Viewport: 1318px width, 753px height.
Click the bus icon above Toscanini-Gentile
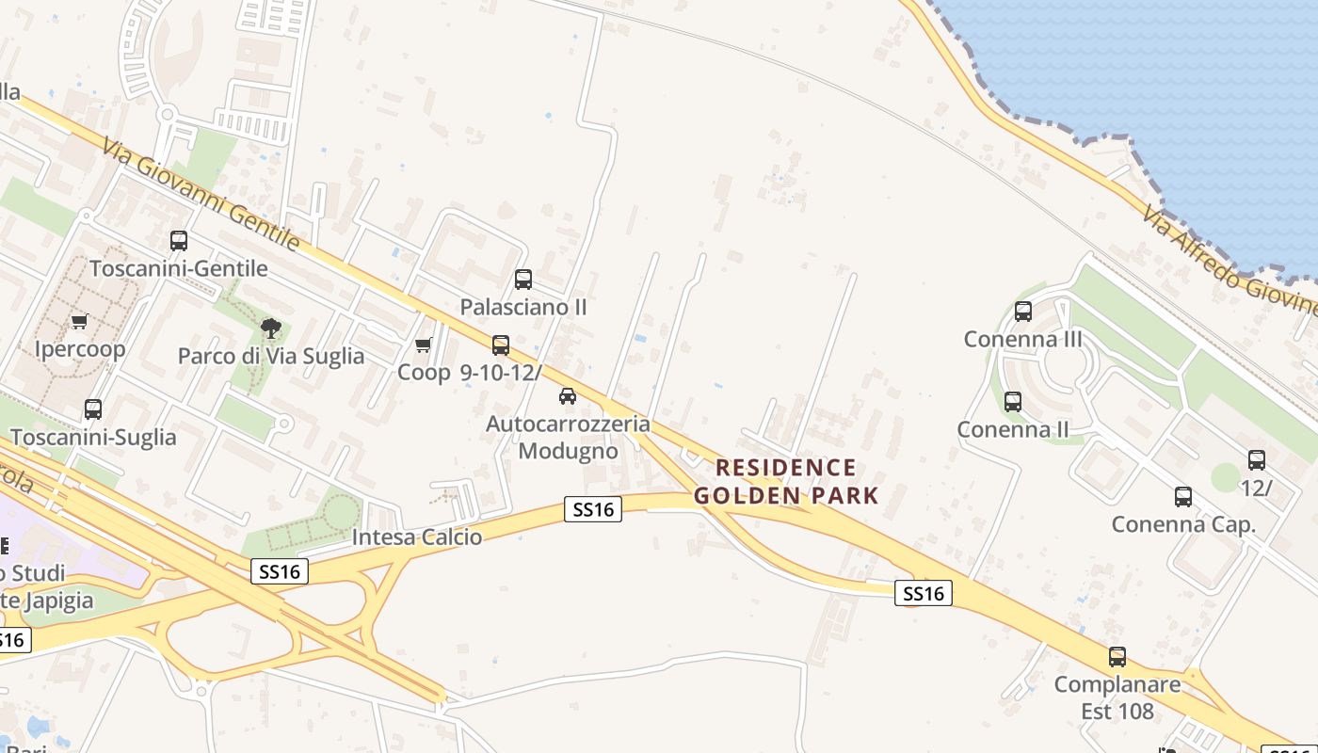pos(179,241)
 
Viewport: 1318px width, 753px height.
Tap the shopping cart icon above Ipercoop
pos(80,321)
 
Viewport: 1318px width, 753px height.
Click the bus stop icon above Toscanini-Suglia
pos(92,409)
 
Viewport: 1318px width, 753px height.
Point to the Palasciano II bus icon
pos(523,280)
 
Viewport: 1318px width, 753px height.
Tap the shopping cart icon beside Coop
pos(424,345)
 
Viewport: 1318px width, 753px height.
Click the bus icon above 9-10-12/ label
pos(501,345)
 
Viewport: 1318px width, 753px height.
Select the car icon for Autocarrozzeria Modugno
pos(567,396)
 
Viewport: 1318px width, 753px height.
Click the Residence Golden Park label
pos(786,481)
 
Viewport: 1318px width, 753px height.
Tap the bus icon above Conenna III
pos(1023,312)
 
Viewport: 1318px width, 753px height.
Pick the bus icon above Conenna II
pos(1013,402)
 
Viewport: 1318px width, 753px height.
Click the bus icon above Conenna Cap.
pos(1183,497)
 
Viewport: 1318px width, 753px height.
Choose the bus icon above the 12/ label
pos(1257,460)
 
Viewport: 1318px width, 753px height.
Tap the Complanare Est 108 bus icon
pos(1117,657)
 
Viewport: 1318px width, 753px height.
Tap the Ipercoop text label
pos(80,349)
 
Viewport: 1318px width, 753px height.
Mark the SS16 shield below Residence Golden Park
pos(923,593)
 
